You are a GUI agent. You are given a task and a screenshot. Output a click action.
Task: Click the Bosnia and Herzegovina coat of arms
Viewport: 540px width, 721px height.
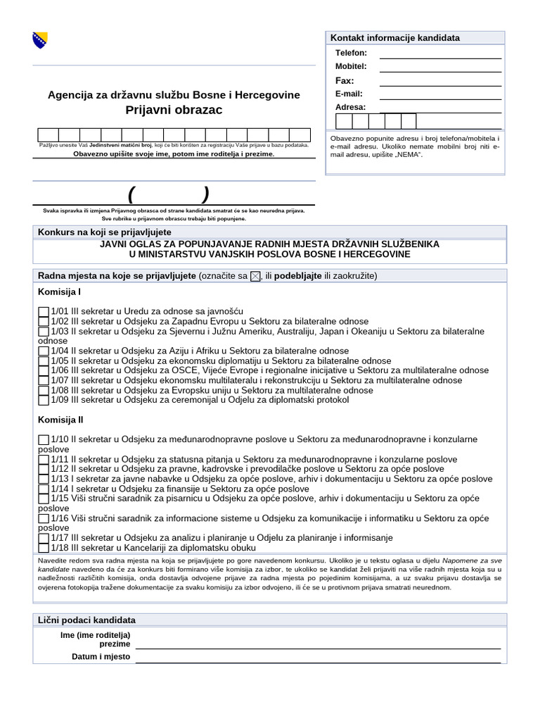click(x=39, y=40)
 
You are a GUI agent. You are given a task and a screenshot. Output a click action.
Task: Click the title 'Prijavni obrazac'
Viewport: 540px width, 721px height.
click(x=174, y=110)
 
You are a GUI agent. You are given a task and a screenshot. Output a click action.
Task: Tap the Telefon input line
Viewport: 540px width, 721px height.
click(x=440, y=54)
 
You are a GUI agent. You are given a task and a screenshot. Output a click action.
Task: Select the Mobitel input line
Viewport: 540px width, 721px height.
click(x=440, y=67)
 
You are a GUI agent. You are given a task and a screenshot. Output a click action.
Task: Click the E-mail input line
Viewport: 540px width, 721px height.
click(x=440, y=94)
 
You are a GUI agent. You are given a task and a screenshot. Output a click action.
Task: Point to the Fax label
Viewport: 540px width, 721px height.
click(x=345, y=80)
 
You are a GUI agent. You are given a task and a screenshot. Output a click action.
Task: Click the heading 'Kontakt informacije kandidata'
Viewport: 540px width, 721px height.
click(x=395, y=37)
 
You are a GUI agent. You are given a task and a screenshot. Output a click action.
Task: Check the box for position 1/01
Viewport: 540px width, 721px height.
click(x=44, y=311)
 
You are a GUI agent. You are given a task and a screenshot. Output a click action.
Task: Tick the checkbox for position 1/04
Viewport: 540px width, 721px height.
click(x=44, y=351)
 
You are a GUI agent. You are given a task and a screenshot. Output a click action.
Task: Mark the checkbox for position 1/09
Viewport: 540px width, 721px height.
click(x=44, y=400)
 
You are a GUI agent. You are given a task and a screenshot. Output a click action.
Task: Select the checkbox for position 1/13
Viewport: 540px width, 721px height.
click(x=44, y=479)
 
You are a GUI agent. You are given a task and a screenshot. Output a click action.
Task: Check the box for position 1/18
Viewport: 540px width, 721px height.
click(x=44, y=548)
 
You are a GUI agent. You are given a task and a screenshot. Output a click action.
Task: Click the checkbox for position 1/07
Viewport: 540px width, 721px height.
click(x=44, y=380)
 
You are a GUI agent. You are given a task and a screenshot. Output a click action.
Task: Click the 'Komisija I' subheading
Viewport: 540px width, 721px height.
click(x=59, y=291)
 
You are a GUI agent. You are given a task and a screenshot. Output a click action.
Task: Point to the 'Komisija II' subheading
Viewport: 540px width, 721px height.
click(x=60, y=419)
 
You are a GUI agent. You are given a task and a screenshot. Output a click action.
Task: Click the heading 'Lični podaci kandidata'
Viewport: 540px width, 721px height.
click(x=86, y=620)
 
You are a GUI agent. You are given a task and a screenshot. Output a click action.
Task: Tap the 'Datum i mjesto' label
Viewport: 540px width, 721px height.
click(x=101, y=657)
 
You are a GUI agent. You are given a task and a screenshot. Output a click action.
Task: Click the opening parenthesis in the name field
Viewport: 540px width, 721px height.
click(x=131, y=194)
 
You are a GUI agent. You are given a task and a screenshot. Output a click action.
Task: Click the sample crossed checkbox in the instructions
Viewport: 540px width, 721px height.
click(x=255, y=276)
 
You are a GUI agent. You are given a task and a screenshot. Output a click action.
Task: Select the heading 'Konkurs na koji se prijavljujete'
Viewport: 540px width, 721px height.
click(x=104, y=232)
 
